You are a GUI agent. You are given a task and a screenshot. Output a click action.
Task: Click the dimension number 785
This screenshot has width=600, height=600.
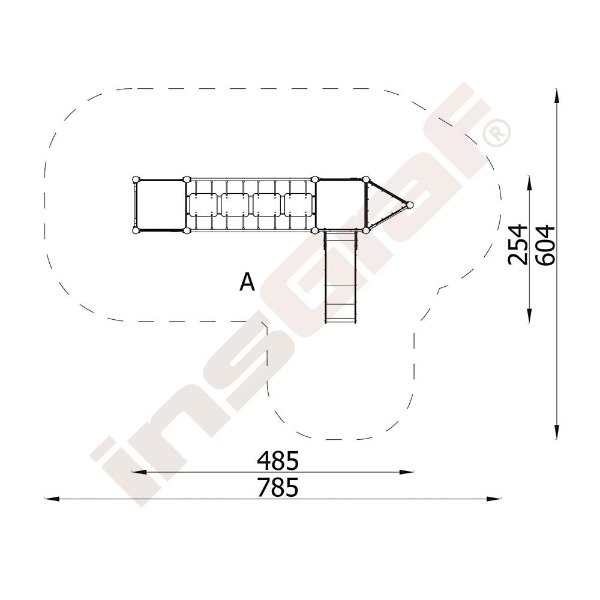(x=277, y=487)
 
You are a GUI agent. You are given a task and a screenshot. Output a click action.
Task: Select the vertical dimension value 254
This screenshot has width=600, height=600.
(x=517, y=245)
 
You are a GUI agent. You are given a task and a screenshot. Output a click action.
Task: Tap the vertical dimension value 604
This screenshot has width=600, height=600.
(x=545, y=245)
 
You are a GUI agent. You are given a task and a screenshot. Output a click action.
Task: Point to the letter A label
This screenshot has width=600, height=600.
(x=247, y=283)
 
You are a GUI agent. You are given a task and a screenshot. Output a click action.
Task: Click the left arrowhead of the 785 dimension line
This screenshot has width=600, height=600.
(x=52, y=499)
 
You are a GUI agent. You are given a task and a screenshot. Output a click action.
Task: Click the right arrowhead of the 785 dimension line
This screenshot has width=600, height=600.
(x=493, y=499)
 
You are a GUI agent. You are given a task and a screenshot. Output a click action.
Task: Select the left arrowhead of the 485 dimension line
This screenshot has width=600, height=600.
(x=139, y=472)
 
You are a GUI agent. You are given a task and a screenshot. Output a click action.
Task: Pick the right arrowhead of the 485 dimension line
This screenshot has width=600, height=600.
(x=407, y=472)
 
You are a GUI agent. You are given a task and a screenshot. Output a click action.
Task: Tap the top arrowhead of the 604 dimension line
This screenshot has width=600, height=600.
(x=556, y=96)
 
